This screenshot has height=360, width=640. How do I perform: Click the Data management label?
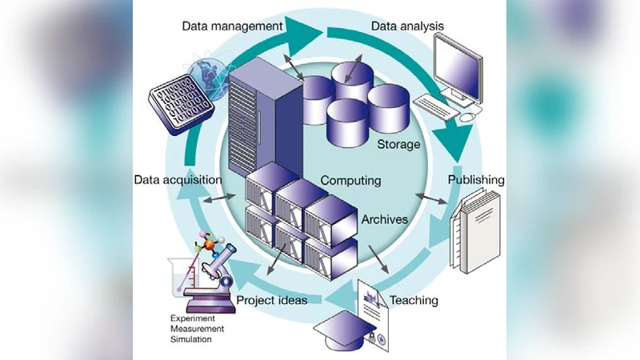click(x=232, y=26)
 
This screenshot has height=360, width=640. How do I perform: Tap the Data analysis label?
click(x=407, y=26)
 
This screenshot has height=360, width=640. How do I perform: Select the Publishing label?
click(x=476, y=179)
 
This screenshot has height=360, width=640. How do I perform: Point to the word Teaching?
click(x=414, y=301)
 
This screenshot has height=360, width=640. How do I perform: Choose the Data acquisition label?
click(x=178, y=179)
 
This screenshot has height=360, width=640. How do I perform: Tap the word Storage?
click(x=398, y=144)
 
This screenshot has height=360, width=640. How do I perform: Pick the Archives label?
click(x=385, y=218)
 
